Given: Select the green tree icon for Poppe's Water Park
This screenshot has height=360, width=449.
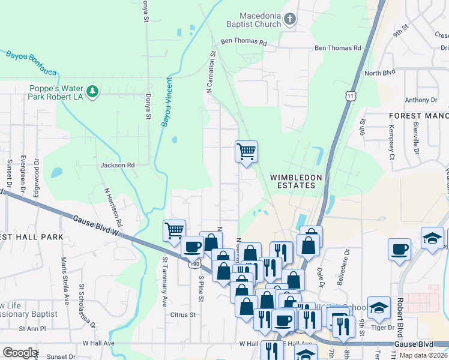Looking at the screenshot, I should (92, 91).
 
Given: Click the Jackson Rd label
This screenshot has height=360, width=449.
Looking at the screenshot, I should (118, 164).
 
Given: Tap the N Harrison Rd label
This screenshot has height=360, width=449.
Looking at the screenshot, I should (113, 207).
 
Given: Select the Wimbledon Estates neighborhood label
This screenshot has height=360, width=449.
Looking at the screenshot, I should (296, 182).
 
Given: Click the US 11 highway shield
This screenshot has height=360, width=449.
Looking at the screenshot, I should (350, 96).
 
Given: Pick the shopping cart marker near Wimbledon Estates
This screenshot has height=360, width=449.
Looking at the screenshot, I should (247, 151).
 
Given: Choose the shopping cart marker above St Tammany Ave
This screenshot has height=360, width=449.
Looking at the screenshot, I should (174, 230).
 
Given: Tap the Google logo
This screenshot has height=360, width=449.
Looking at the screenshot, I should (20, 353).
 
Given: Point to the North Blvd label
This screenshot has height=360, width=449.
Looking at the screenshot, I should (380, 73).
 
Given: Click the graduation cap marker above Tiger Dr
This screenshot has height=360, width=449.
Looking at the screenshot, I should (379, 308).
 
